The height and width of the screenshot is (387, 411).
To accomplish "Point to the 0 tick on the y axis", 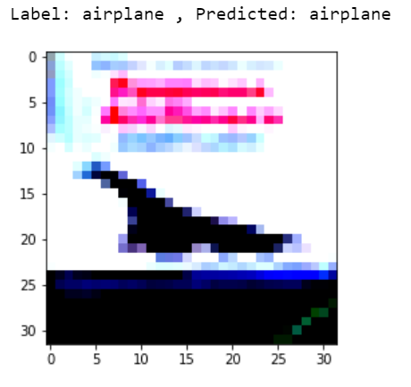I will tap(32, 56).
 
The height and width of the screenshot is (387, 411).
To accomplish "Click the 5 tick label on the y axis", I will tap(32, 102).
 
